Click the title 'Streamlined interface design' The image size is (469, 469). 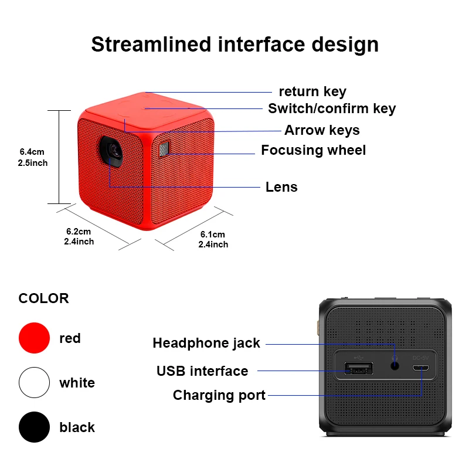click(235, 45)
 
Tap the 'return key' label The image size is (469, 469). click(312, 91)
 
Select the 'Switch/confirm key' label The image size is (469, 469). click(332, 108)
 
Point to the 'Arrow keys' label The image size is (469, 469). click(322, 130)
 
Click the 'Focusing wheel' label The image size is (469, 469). click(313, 150)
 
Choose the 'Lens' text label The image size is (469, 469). click(281, 187)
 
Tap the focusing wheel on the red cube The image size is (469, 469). click(163, 149)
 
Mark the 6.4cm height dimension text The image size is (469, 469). click(33, 157)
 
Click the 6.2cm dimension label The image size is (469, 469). click(79, 236)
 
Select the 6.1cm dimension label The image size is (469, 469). click(213, 239)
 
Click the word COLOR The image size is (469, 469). click(43, 298)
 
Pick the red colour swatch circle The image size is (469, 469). click(34, 338)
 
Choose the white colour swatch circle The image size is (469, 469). click(34, 383)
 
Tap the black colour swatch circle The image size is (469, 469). click(34, 427)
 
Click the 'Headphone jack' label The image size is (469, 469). click(206, 344)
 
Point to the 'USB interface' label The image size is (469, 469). click(202, 371)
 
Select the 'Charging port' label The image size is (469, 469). click(219, 396)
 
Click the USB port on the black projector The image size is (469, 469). click(358, 369)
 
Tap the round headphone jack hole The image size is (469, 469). click(394, 365)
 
